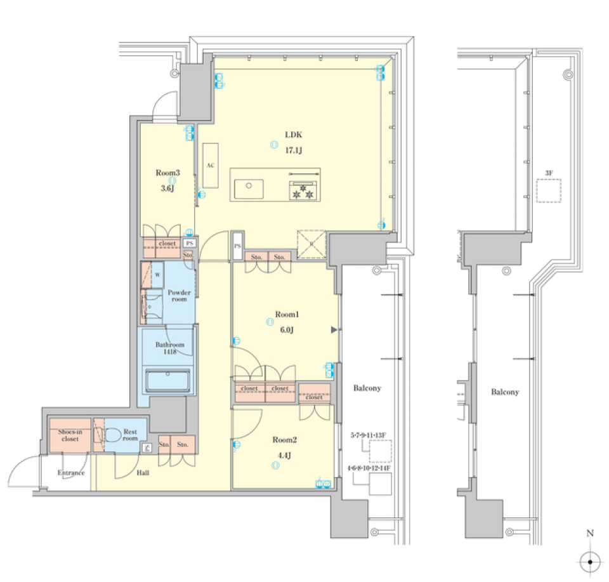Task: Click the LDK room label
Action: coord(293,135)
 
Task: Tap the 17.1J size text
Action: coord(293,150)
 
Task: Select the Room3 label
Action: coord(167,172)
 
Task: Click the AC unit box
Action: coord(211,165)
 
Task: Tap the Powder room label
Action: coord(180,296)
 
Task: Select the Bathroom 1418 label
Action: coord(170,348)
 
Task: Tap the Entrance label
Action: coord(72,473)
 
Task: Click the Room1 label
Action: coord(286,314)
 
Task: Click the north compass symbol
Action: coord(590,560)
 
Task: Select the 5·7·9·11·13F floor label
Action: coord(368,435)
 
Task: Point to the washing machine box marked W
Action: coord(156,275)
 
